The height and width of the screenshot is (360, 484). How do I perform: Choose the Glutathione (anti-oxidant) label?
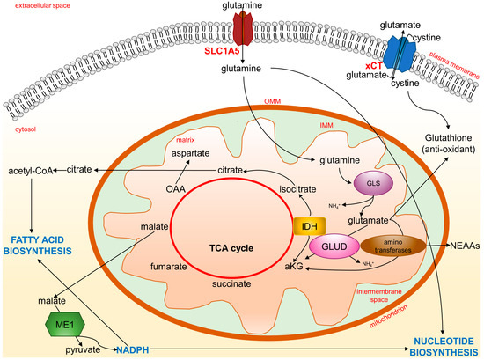[437, 137]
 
